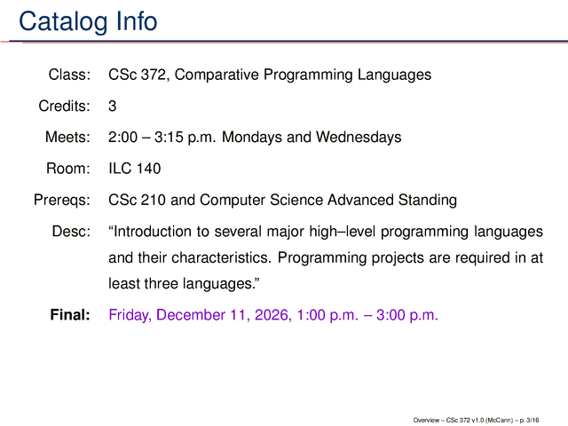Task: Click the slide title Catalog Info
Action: point(88,21)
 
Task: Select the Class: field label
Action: point(69,75)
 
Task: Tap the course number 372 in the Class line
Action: point(153,75)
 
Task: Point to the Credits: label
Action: point(65,106)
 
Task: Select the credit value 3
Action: point(113,106)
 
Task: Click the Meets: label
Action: point(67,138)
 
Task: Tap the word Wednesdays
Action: point(359,138)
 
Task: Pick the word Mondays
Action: point(251,138)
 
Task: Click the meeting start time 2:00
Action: point(122,138)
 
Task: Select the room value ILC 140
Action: point(134,169)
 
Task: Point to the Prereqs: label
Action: point(62,200)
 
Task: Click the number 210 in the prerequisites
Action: point(153,200)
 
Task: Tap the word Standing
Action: point(428,201)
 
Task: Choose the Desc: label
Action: point(71,232)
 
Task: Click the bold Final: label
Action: point(70,315)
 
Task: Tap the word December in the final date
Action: point(193,315)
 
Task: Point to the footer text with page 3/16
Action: point(476,420)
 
